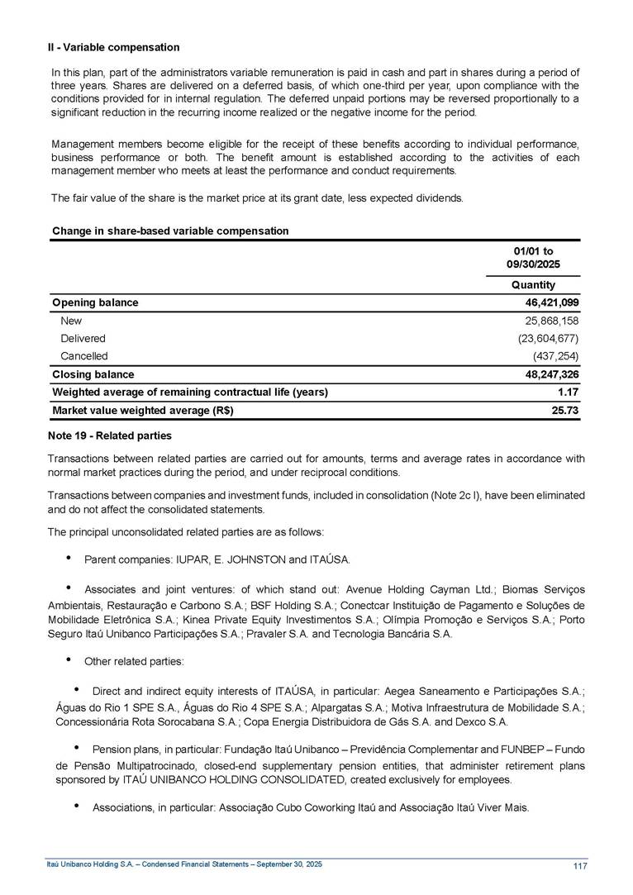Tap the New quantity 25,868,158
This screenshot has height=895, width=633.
548,321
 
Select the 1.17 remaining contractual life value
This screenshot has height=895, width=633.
566,392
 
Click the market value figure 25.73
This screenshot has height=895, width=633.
564,411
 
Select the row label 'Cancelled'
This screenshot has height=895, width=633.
83,356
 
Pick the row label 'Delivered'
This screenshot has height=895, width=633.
83,339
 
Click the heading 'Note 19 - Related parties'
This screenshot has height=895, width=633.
112,436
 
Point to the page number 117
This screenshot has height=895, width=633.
579,866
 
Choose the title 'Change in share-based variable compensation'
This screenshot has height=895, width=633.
170,231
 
